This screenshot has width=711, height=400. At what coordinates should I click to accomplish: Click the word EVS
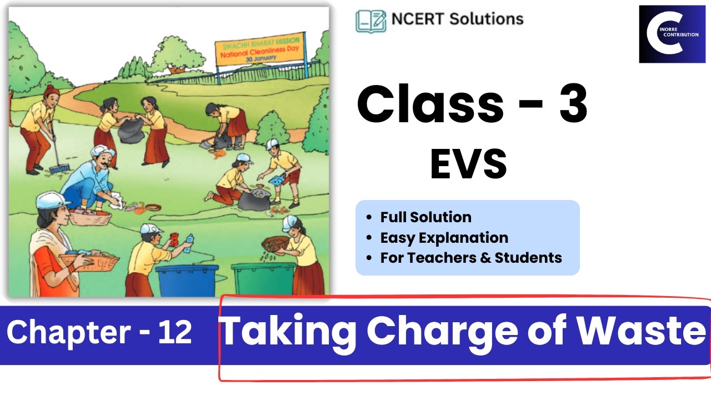468,164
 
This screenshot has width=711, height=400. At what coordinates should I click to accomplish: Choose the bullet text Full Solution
425,217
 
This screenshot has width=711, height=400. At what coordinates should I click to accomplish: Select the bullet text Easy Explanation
444,238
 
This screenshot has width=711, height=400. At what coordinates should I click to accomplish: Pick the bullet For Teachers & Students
471,258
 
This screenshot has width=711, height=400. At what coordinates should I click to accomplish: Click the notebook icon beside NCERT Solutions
370,20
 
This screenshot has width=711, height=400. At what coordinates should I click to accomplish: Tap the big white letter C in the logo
661,34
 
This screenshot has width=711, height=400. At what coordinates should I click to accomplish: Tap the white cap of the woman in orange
52,199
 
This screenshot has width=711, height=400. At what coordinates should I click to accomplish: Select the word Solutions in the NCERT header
485,19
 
